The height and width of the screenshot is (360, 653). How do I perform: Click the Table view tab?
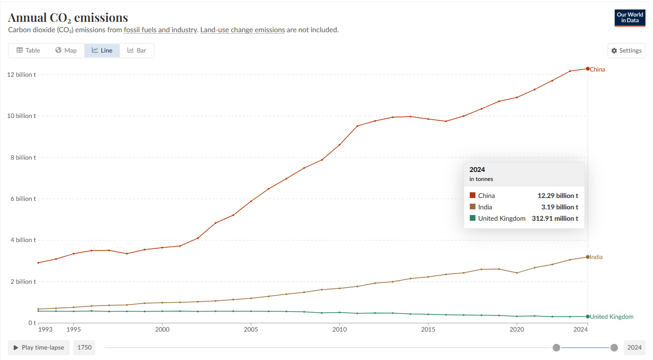(28, 50)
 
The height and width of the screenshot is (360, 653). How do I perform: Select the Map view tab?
(66, 50)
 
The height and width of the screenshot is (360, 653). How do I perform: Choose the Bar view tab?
(136, 50)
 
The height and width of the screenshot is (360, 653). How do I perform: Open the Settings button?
(626, 51)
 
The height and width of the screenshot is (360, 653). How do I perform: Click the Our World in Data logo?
(630, 18)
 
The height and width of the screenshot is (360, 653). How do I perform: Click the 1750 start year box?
(84, 348)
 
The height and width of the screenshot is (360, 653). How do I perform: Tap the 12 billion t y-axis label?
(21, 75)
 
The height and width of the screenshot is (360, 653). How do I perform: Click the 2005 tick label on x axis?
(250, 329)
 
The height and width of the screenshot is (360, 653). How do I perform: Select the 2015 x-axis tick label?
(428, 329)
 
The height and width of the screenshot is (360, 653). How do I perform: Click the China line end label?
(597, 69)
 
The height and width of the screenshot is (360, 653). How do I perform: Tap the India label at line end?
(596, 257)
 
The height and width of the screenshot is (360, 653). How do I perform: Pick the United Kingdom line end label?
(611, 316)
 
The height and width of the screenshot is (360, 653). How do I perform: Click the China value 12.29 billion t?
(558, 196)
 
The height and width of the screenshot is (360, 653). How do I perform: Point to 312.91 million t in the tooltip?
(555, 218)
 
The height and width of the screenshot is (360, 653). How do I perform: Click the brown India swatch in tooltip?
(473, 207)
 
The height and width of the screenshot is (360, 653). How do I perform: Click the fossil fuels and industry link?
(161, 30)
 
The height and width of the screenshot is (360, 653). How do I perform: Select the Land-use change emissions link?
(242, 30)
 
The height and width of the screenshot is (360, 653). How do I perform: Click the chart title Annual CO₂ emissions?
(68, 18)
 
